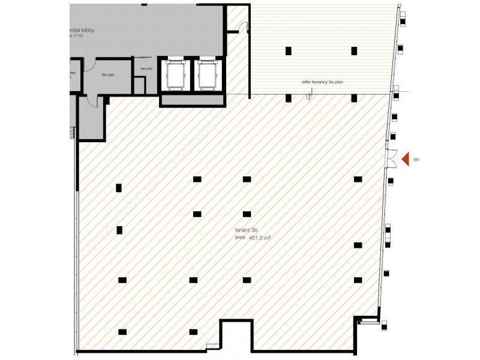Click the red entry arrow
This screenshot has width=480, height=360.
[405, 159]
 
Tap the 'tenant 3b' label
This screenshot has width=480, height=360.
[246, 230]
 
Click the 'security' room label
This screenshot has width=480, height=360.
[146, 69]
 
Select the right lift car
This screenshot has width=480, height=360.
[207, 74]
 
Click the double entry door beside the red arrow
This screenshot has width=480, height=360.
[390, 158]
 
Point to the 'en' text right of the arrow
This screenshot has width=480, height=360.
[416, 160]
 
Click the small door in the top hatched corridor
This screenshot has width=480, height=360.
[241, 26]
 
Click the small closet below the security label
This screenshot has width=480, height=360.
[139, 85]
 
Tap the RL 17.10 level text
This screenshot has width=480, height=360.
[77, 36]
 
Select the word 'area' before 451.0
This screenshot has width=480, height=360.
[240, 238]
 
